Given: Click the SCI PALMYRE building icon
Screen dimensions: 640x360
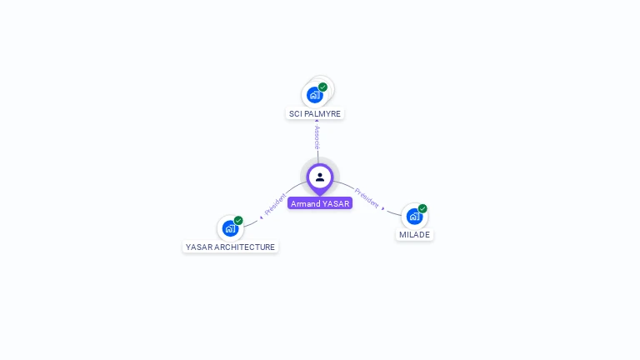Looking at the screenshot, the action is click(314, 95).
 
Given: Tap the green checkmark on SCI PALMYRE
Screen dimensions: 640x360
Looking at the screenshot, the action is click(322, 87).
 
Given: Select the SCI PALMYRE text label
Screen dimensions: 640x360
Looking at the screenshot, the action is click(315, 113).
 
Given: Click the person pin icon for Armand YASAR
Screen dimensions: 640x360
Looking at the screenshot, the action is click(320, 177).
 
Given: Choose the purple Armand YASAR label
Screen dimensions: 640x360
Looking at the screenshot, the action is click(320, 203).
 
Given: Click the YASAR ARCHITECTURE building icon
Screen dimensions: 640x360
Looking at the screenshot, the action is click(230, 228).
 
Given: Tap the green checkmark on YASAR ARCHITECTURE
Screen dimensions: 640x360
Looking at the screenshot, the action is click(238, 221).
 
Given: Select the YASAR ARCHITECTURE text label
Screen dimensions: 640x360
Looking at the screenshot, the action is click(230, 247).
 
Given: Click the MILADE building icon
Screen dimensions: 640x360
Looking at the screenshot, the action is click(414, 216).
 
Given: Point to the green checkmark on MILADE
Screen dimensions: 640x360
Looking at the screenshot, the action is click(422, 208).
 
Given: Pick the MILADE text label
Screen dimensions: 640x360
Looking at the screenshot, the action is click(414, 234).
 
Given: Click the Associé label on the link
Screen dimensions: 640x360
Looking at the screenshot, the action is click(317, 137).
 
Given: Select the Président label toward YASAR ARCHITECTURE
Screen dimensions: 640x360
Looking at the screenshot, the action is click(276, 205).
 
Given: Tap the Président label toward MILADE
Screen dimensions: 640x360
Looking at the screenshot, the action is click(367, 197).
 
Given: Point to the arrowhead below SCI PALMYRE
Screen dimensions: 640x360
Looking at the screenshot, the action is click(317, 122).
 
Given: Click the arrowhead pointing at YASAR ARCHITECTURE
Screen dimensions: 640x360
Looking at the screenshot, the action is click(261, 217).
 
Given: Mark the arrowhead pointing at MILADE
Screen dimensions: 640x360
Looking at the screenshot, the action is click(384, 208).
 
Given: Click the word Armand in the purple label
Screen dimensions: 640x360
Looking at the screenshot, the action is click(305, 203).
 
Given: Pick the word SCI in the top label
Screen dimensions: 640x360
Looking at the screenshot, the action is click(295, 113).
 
